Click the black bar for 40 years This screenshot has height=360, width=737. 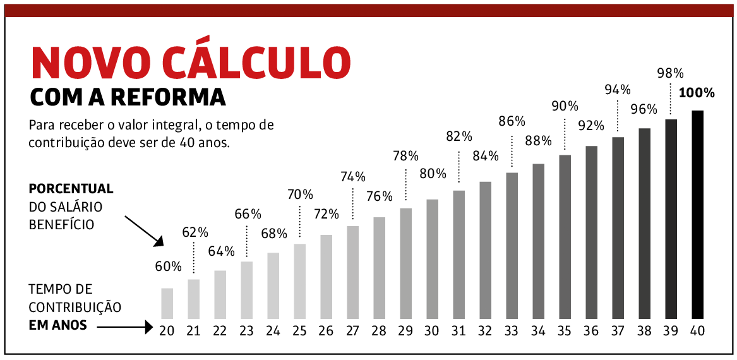697,215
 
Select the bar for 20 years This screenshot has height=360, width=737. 167,303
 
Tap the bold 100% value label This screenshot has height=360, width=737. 697,93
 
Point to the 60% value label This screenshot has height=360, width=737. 168,267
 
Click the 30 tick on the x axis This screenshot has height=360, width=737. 432,330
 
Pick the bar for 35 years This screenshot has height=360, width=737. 565,237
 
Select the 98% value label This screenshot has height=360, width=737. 670,73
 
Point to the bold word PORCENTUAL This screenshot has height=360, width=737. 71,189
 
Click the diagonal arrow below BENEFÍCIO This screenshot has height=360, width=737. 144,231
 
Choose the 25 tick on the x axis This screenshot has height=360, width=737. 299,330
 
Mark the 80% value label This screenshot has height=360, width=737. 433,174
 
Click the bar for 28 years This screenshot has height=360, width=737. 379,268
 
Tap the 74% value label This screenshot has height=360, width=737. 352,177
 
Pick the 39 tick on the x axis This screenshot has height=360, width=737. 671,330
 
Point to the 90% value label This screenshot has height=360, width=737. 565,106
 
